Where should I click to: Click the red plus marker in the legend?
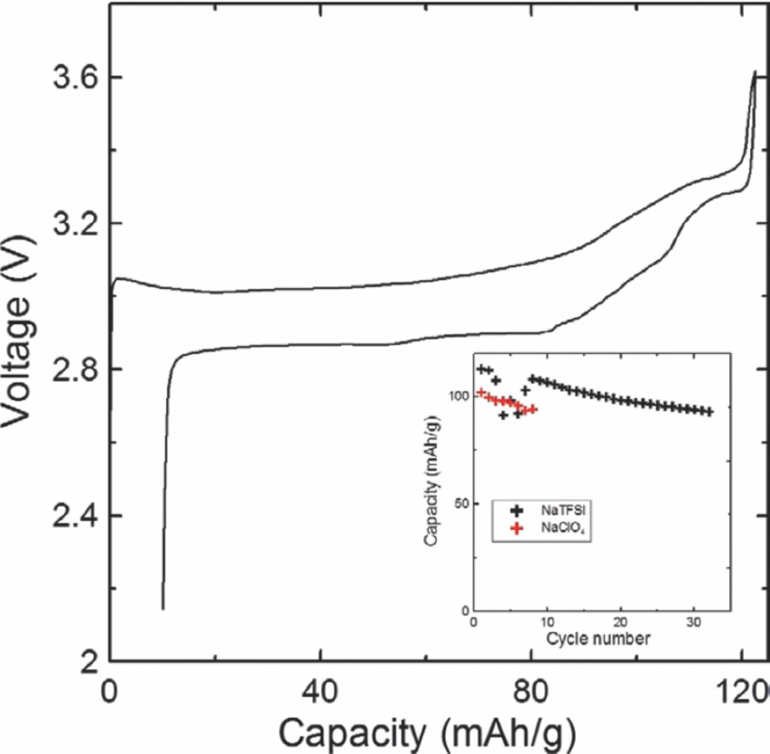516,529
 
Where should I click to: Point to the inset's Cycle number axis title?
598,638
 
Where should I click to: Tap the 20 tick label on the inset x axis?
621,622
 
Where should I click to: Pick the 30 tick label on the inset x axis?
694,622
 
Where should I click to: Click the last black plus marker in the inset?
710,412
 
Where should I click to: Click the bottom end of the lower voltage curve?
163,609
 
